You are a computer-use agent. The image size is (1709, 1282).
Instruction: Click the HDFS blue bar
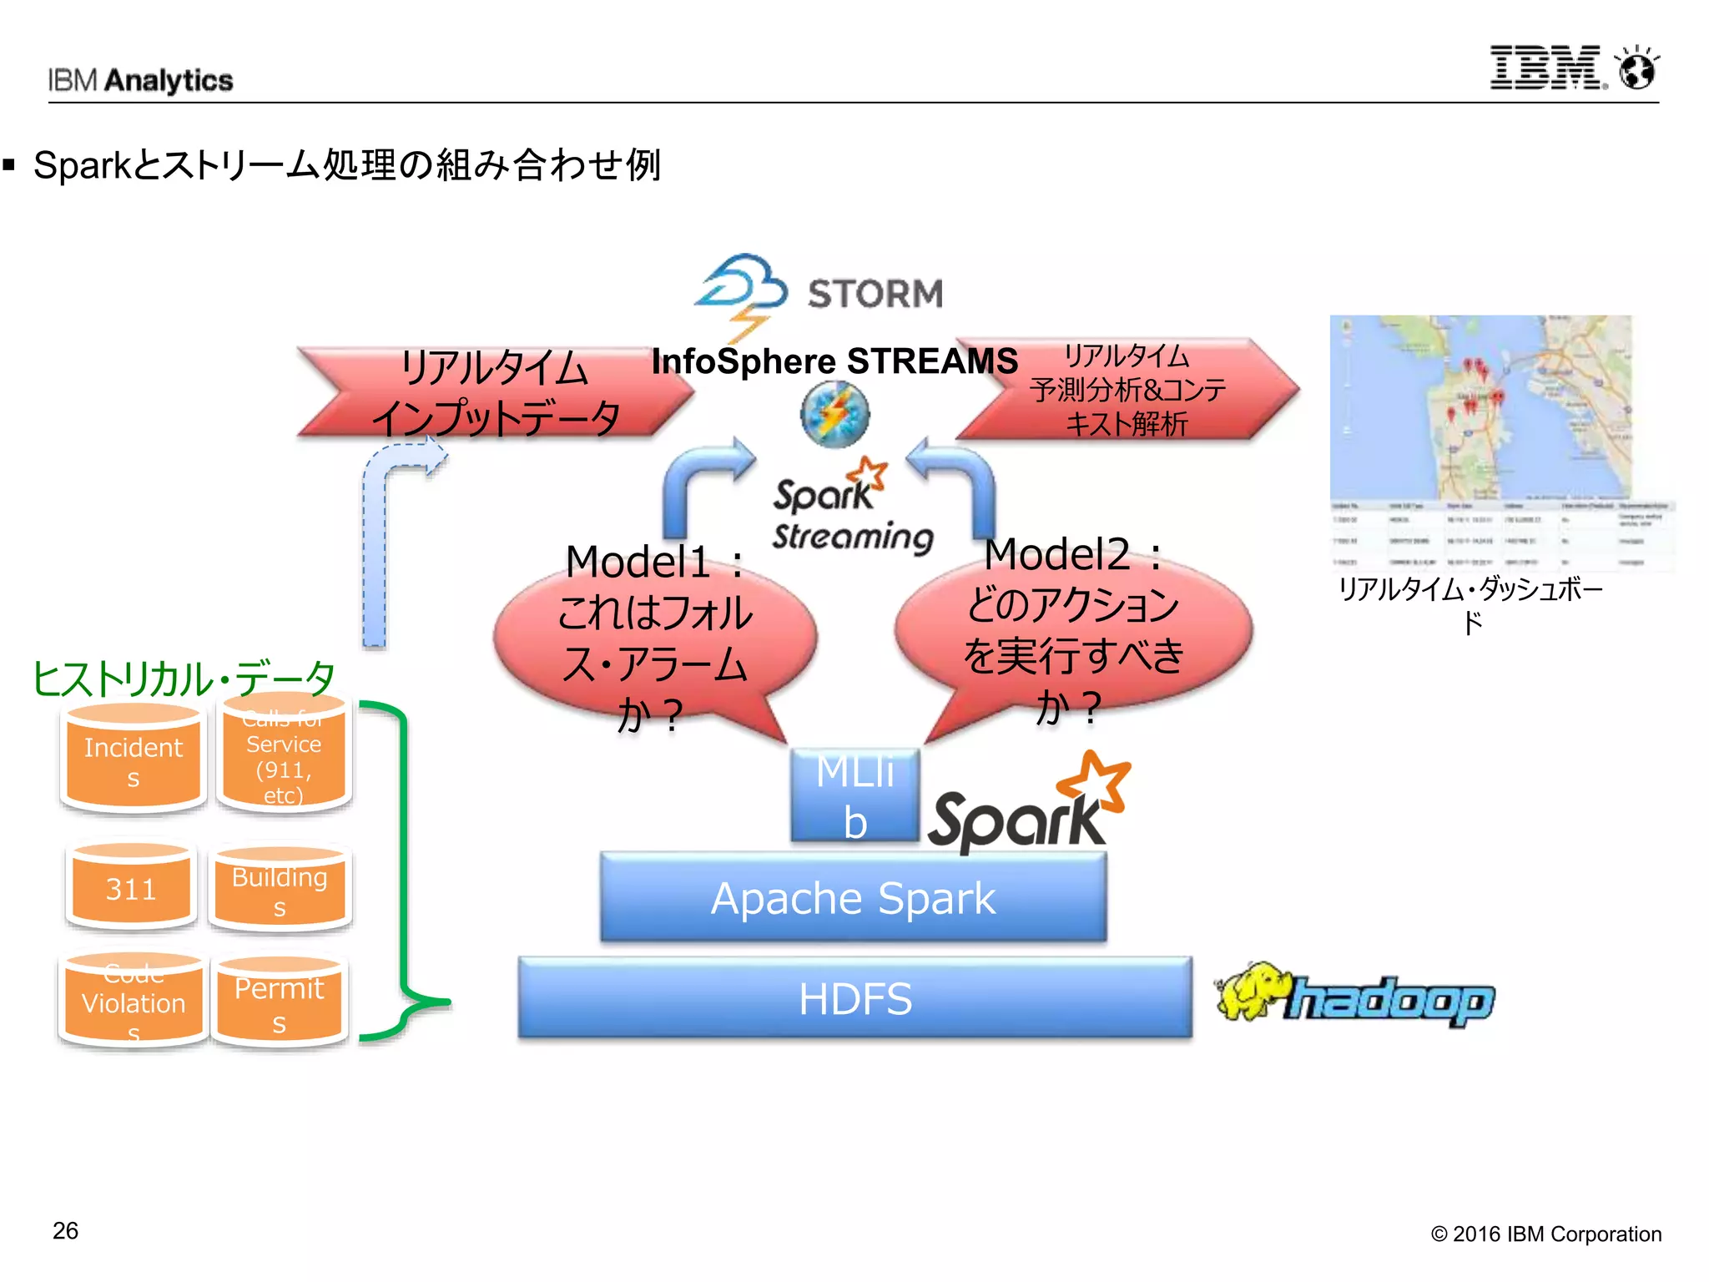854,997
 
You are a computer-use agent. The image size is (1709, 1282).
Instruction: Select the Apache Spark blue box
853,898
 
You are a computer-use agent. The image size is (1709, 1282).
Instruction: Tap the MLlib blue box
854,795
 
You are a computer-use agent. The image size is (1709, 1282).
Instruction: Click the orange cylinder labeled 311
131,888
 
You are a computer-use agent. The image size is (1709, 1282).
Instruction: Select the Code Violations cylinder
133,1002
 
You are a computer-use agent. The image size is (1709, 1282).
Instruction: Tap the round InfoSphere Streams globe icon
834,415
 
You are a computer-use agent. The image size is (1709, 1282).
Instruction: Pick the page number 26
65,1231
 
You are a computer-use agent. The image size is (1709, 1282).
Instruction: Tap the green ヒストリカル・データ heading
184,678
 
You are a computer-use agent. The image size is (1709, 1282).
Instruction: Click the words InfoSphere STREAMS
834,361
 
